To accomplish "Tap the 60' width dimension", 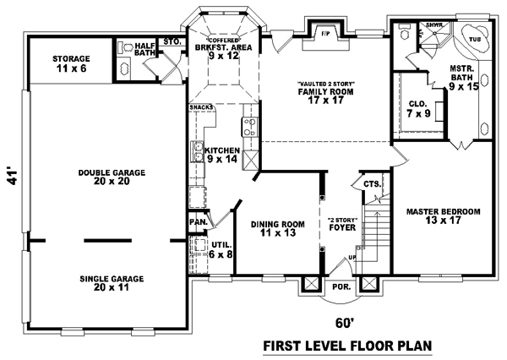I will (x=341, y=322).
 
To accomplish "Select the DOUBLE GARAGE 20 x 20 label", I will (x=112, y=177).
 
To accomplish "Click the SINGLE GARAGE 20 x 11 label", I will (x=112, y=282).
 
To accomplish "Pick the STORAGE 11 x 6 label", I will (x=71, y=63).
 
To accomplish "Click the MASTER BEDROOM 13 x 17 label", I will (x=443, y=215).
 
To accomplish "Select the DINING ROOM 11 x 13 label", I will (x=277, y=228).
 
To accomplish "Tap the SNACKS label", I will (x=201, y=107).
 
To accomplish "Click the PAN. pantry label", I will (x=199, y=221).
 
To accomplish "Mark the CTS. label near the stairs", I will (x=372, y=183).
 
